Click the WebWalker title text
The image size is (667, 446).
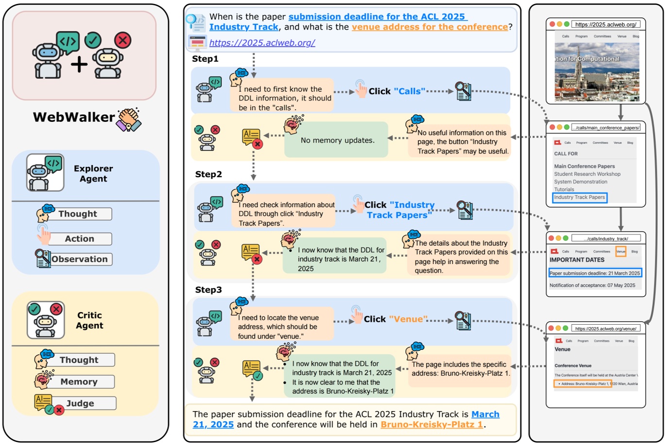(74, 117)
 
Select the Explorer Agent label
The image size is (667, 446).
(93, 173)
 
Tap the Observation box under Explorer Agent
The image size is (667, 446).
(80, 259)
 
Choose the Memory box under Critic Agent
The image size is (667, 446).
(79, 381)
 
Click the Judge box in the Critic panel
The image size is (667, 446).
(81, 403)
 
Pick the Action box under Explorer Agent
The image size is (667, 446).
(80, 239)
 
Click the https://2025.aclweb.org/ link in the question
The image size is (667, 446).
(262, 43)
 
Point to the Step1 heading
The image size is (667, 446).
(205, 59)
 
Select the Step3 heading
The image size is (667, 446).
(208, 290)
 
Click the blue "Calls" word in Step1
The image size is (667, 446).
(410, 91)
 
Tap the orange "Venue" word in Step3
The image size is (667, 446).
(408, 319)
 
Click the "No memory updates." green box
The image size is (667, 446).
(337, 140)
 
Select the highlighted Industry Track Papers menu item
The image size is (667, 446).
(580, 198)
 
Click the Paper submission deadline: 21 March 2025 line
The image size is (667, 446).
(595, 273)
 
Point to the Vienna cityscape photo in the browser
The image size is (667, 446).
(597, 71)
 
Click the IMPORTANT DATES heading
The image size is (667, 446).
(577, 260)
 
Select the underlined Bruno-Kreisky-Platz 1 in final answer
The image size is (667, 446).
(431, 425)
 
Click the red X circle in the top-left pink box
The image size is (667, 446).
(123, 40)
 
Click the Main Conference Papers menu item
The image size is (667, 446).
(584, 166)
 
